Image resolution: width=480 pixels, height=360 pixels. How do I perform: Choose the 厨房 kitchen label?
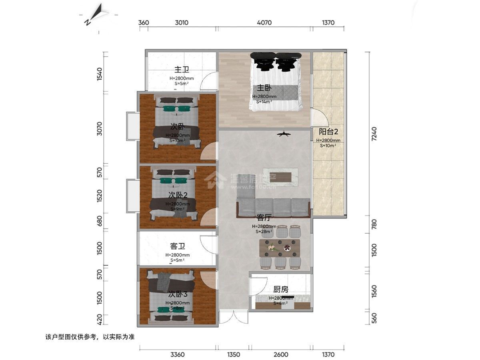pyautogui.click(x=280, y=290)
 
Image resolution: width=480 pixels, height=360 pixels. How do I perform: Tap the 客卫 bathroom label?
pyautogui.click(x=177, y=246)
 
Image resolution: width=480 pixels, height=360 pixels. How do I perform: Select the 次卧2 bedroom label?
pyautogui.click(x=178, y=195)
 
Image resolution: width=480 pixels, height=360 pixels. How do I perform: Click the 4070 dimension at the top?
pyautogui.click(x=264, y=23)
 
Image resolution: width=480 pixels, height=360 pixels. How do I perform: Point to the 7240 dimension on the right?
pyautogui.click(x=374, y=134)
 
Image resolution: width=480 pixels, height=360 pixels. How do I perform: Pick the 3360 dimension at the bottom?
pyautogui.click(x=177, y=354)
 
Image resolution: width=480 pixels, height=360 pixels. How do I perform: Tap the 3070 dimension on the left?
pyautogui.click(x=100, y=129)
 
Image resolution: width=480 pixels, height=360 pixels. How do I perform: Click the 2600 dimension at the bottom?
pyautogui.click(x=281, y=354)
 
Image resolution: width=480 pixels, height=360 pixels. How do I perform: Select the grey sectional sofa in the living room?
pyautogui.click(x=274, y=207)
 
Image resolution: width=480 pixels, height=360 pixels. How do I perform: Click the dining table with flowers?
pyautogui.click(x=280, y=248)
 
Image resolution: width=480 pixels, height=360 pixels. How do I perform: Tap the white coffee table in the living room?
pyautogui.click(x=283, y=177)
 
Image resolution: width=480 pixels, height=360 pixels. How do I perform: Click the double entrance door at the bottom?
pyautogui.click(x=234, y=318)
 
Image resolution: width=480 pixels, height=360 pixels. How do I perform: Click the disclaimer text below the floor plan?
pyautogui.click(x=90, y=337)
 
